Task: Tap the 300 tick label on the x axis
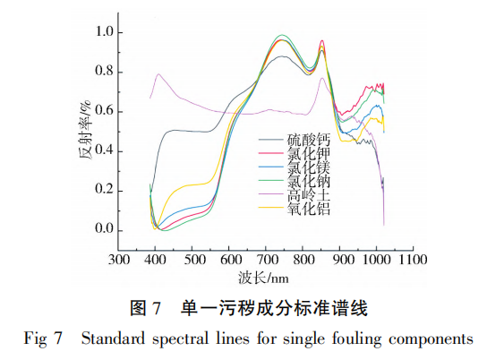pyautogui.click(x=117, y=260)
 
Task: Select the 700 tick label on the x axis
pyautogui.click(x=266, y=260)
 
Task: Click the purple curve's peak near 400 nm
pyautogui.click(x=159, y=74)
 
